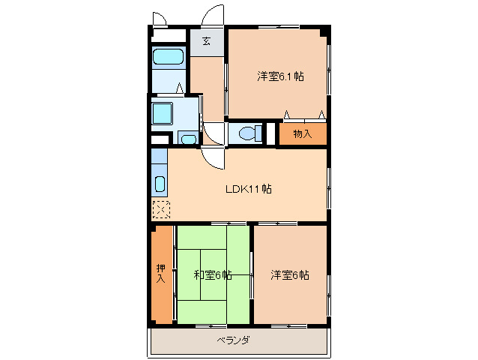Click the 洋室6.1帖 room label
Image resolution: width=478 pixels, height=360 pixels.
pos(280,76)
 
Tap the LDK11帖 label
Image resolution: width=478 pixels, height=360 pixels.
pos(248,189)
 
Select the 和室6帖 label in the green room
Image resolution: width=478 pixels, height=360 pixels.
pos(212,275)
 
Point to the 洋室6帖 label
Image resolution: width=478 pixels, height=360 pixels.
pos(290,275)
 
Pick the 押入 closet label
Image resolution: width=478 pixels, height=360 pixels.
pos(160,274)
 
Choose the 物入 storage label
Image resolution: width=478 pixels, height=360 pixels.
pos(302,134)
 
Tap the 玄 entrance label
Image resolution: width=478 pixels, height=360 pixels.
pos(205,41)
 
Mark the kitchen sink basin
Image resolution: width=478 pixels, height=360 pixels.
pos(159,184)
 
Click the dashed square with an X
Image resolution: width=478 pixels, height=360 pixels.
pos(160,211)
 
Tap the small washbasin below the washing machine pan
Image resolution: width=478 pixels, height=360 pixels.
pos(187,138)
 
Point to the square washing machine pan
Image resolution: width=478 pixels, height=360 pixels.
pos(163,114)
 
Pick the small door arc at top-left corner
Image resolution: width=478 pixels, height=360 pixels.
pos(160,19)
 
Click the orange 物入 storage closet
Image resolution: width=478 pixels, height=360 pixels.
pos(303,133)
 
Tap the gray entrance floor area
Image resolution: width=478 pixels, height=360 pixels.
pos(206,42)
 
